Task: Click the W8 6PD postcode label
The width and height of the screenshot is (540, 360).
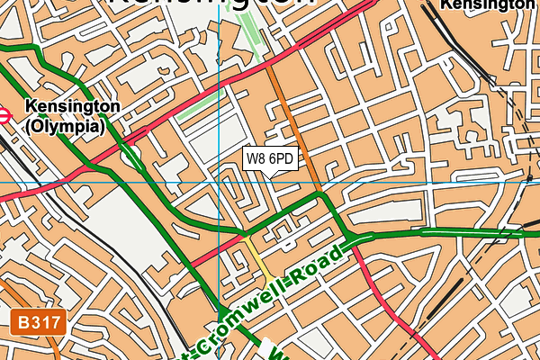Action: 269,158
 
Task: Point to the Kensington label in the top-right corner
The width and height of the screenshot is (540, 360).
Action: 486,5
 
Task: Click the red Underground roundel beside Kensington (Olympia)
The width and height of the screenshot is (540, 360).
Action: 3,114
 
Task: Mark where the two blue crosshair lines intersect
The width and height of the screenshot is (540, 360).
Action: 219,183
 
